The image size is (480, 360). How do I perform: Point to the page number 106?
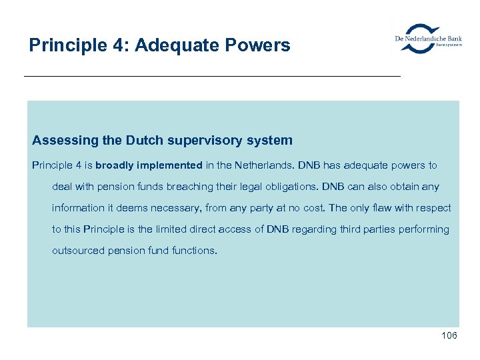click(449, 335)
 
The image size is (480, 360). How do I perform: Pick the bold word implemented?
click(170, 165)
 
